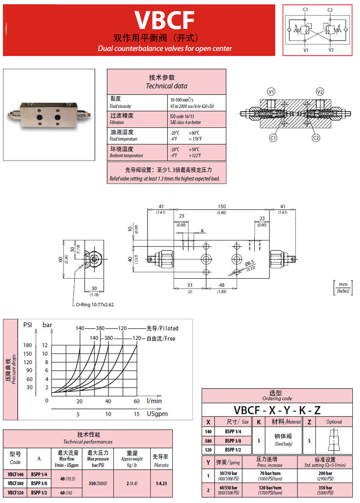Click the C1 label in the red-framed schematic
pos(306,10)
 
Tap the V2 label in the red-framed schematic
pos(331,50)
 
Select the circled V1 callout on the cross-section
pos(271,92)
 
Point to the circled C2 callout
pos(315,137)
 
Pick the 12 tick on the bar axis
pos(45,345)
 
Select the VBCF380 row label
pos(16,483)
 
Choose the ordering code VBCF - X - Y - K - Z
pos(277,410)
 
